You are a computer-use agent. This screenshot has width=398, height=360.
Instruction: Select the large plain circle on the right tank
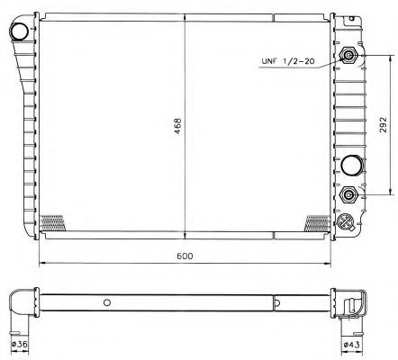(349, 165)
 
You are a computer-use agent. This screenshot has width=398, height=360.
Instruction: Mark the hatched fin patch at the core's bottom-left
(54, 220)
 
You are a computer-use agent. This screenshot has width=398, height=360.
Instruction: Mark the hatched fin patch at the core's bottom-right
(317, 220)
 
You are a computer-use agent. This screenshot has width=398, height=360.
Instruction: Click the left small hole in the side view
(107, 302)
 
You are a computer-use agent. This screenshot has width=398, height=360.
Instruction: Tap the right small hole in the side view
(276, 302)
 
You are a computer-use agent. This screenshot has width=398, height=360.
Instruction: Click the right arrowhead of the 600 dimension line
(327, 264)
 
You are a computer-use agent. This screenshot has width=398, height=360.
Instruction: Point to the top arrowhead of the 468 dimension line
(185, 19)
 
